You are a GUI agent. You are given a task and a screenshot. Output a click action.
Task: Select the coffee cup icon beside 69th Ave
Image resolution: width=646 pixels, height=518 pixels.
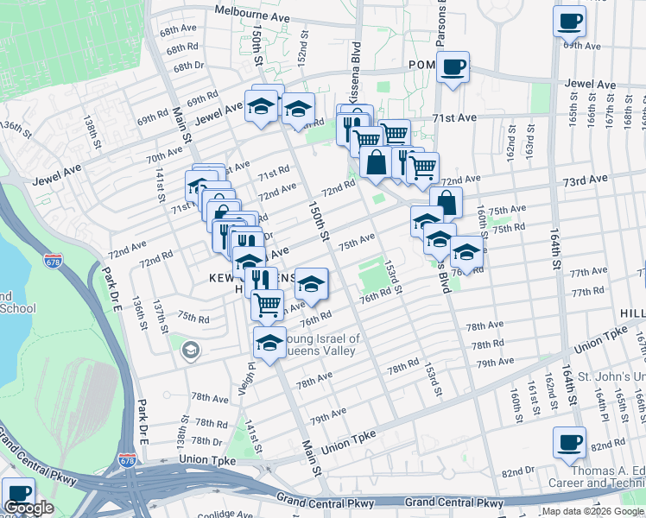pyautogui.click(x=569, y=20)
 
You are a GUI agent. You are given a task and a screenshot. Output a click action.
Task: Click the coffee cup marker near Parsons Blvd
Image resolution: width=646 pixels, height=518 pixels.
pyautogui.click(x=453, y=66)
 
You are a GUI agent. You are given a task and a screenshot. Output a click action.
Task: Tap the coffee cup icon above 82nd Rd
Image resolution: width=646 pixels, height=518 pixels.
pyautogui.click(x=568, y=442)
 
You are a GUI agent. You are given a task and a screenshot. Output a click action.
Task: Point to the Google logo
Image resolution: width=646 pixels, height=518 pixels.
pyautogui.click(x=29, y=508)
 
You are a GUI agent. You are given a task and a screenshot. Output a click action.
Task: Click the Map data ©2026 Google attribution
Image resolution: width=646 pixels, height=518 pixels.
pyautogui.click(x=592, y=511)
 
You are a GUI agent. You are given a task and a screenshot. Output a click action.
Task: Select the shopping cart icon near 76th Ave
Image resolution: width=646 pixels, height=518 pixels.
pyautogui.click(x=267, y=303)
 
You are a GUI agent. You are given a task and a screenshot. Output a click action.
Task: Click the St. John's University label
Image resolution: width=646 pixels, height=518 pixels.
pyautogui.click(x=611, y=377)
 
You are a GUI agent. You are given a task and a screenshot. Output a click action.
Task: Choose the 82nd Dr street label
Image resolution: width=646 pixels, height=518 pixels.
pyautogui.click(x=519, y=471)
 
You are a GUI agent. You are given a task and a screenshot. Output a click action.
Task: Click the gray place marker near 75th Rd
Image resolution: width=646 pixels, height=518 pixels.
pyautogui.click(x=190, y=350)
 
